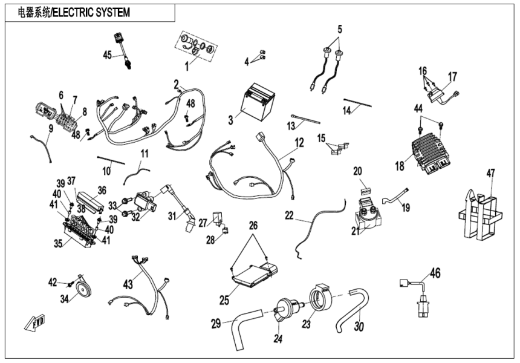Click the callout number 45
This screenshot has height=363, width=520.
[x=107, y=56]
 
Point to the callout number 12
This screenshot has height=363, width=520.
[x=299, y=143]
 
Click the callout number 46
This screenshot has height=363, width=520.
[x=435, y=273]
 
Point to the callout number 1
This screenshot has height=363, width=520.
[x=187, y=67]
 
